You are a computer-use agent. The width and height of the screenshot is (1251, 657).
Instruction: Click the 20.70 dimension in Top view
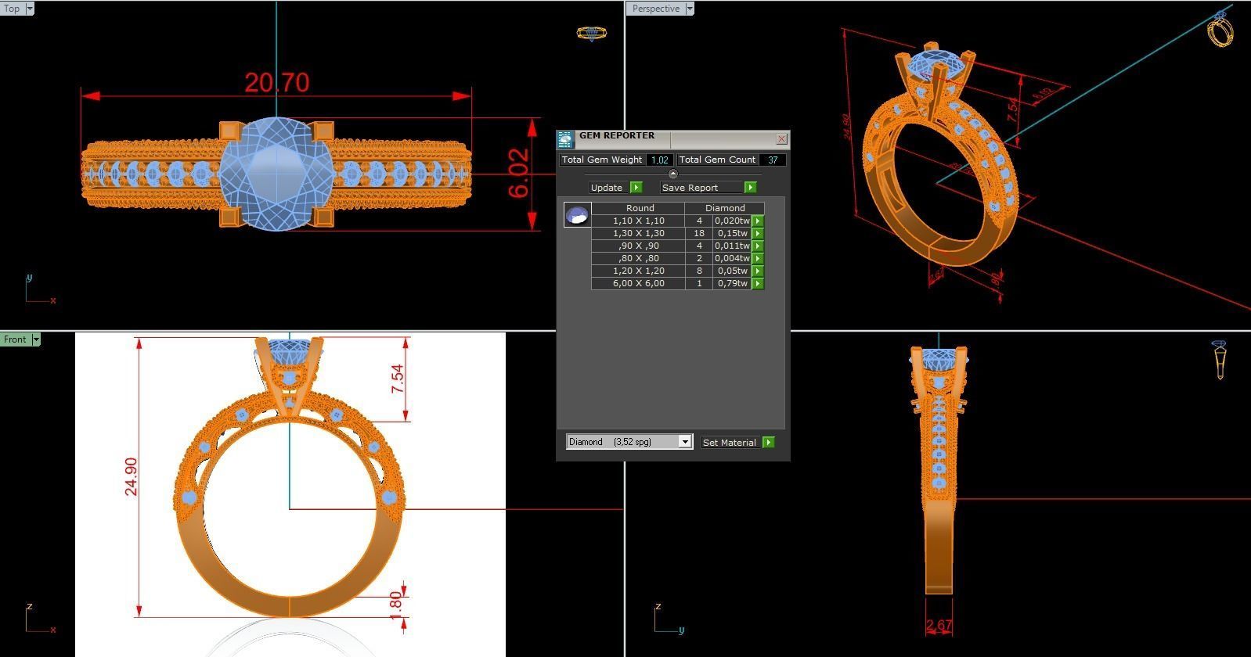click(x=276, y=82)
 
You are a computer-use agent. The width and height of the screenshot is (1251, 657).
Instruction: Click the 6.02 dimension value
click(x=519, y=173)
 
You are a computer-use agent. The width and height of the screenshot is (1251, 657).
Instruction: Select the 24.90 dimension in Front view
click(x=131, y=476)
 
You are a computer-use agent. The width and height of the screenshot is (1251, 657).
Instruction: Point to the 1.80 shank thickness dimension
click(x=395, y=603)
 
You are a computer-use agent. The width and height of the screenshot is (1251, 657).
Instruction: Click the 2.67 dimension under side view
click(x=939, y=626)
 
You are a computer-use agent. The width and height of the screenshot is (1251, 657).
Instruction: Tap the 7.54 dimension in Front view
click(x=398, y=379)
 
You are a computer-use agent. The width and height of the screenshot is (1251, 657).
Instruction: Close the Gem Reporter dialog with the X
click(x=781, y=139)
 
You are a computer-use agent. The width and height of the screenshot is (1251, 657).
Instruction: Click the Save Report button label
click(x=690, y=188)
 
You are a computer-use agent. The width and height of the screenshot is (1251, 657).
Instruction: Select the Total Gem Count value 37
click(x=773, y=160)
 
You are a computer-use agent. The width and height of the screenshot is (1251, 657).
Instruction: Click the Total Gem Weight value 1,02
click(x=659, y=160)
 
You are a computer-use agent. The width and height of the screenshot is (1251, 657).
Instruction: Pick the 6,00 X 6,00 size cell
click(x=638, y=283)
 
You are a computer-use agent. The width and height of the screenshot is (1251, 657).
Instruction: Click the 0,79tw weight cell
click(x=732, y=283)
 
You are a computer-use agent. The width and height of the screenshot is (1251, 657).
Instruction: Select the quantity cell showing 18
click(x=698, y=233)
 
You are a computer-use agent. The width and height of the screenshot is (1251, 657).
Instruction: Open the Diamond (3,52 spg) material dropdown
click(x=684, y=442)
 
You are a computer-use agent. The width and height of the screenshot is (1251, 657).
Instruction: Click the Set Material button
click(x=730, y=443)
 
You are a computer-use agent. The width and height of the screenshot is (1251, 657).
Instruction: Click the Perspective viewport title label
click(x=655, y=9)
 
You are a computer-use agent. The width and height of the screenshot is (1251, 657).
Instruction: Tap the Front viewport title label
click(x=15, y=339)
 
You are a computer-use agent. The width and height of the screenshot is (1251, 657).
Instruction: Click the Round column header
click(x=640, y=208)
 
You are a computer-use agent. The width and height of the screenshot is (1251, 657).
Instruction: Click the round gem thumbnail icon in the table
click(x=577, y=214)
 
